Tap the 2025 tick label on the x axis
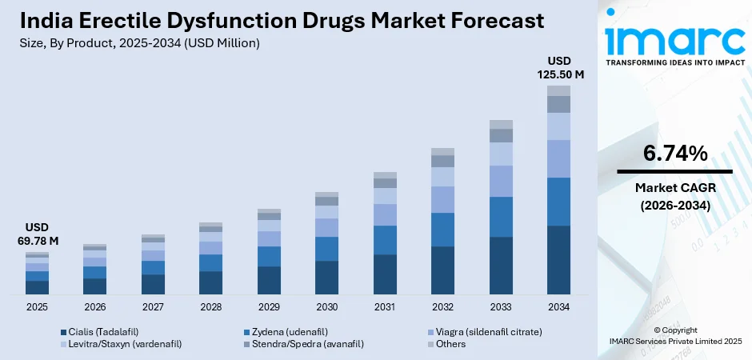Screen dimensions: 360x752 [x=37, y=307]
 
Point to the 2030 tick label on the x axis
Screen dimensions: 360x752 [x=326, y=307]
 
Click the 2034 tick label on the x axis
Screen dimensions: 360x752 [x=558, y=307]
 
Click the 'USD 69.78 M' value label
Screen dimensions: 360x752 [x=37, y=234]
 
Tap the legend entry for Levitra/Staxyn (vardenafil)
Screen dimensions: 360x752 [x=120, y=344]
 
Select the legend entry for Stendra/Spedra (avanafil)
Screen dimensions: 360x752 [x=301, y=344]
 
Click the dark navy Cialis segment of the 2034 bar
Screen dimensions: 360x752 [x=558, y=260]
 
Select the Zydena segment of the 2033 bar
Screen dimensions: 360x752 [x=501, y=217]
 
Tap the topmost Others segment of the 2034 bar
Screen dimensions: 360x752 [x=558, y=90]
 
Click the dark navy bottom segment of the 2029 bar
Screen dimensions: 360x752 [x=269, y=280]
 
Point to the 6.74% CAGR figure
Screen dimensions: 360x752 [x=674, y=154]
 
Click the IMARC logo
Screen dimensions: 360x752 [x=674, y=40]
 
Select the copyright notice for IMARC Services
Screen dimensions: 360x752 [x=674, y=335]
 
